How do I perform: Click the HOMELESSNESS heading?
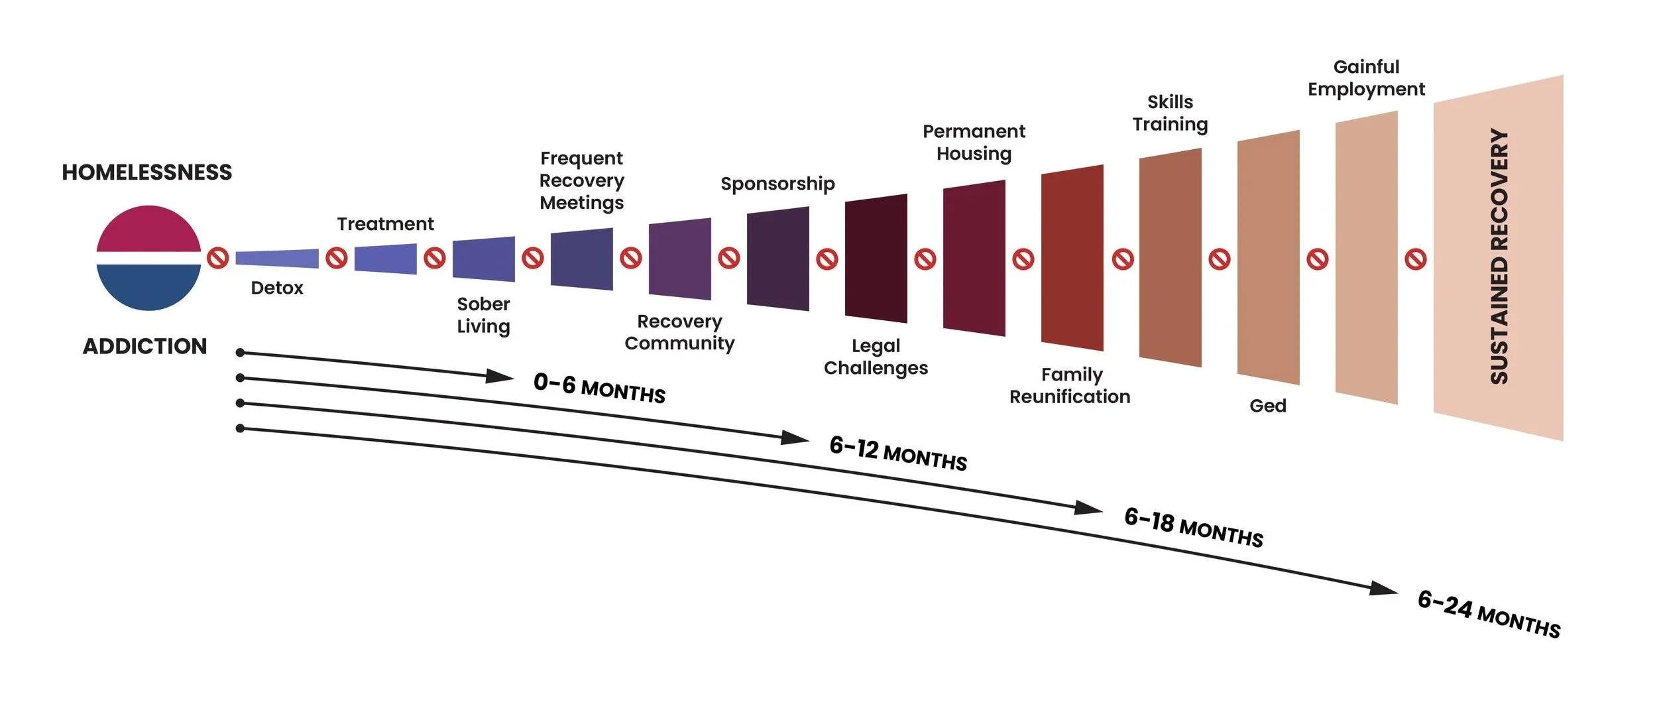[x=146, y=172]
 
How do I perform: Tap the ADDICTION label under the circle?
[x=144, y=346]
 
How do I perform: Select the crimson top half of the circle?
[x=148, y=229]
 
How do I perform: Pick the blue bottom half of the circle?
[x=148, y=286]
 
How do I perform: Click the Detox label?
[x=277, y=288]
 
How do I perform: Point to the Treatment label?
[x=385, y=224]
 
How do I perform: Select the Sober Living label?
[x=483, y=315]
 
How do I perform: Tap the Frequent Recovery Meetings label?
[x=581, y=180]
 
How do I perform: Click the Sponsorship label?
[x=777, y=184]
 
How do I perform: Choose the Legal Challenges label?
[x=876, y=357]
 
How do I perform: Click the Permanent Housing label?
[x=974, y=143]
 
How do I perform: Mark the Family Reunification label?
[x=1070, y=385]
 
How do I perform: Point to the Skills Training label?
[x=1170, y=113]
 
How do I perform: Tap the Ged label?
[x=1267, y=406]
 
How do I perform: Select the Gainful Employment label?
[x=1366, y=78]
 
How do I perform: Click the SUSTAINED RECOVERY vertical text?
[x=1499, y=257]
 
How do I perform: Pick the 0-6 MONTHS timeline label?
[x=599, y=389]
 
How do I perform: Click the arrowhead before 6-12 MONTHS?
[x=794, y=438]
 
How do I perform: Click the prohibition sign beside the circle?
[x=218, y=258]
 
